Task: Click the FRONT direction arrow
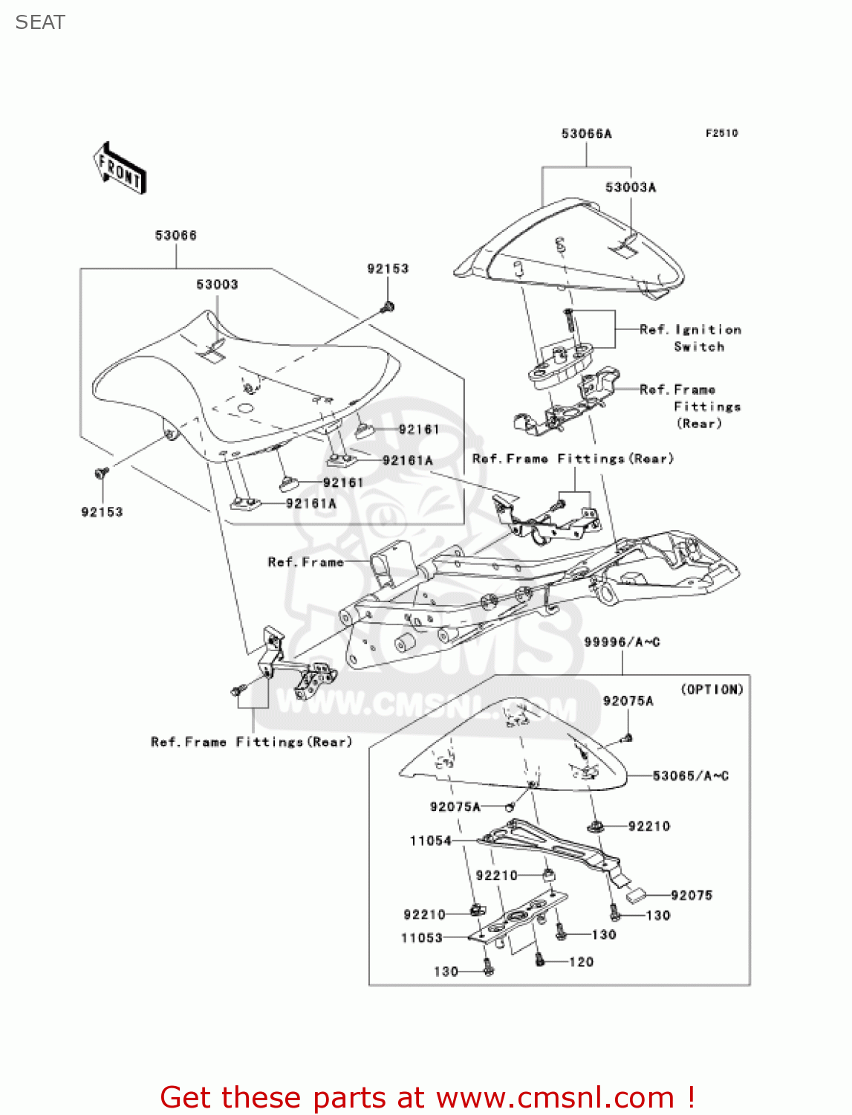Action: (x=120, y=168)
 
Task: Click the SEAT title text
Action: (x=40, y=22)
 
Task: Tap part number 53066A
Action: (x=586, y=134)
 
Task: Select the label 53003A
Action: (x=630, y=187)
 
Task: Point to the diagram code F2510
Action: (x=721, y=133)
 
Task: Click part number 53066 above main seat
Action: (x=176, y=236)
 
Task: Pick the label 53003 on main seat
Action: (x=217, y=285)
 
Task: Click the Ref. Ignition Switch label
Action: (x=690, y=338)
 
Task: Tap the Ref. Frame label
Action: (x=305, y=562)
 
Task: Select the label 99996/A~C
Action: (x=622, y=642)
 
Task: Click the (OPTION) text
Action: (x=712, y=690)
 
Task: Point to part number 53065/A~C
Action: (x=690, y=776)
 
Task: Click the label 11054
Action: (x=431, y=841)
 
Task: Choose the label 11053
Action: (x=422, y=938)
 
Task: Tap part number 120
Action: (x=581, y=962)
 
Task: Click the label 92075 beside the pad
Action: (x=691, y=896)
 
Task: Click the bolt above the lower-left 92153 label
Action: (x=102, y=472)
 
